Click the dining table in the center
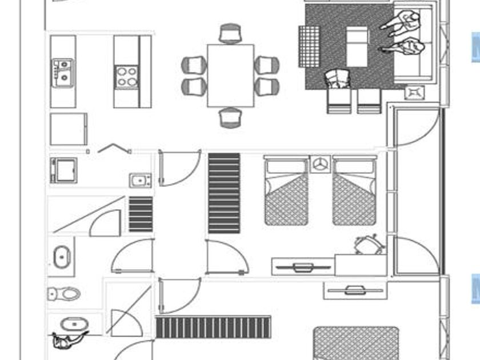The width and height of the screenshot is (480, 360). click(230, 75)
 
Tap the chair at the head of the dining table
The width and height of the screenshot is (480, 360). click(230, 34)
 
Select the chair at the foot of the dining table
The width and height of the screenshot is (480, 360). click(230, 117)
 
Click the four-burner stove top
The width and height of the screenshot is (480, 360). click(127, 77)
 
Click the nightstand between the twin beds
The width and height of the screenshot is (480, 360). click(321, 165)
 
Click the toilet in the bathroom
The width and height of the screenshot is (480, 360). click(63, 294)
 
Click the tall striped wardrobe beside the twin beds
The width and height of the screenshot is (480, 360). click(224, 193)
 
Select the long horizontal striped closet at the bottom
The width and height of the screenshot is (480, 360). click(213, 327)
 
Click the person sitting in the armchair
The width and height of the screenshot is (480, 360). click(338, 79)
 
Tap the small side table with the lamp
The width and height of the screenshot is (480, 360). click(414, 91)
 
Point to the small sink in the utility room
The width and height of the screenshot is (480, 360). click(139, 181)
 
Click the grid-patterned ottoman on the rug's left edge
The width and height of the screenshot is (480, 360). click(309, 46)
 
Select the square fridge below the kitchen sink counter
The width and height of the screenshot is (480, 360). click(68, 129)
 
